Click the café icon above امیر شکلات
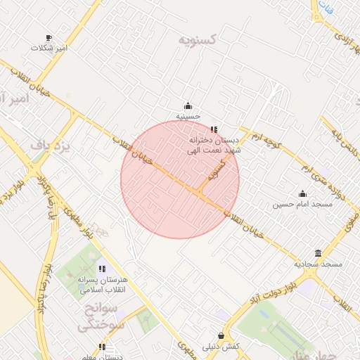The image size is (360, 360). coord(49,38)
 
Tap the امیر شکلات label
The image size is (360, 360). coord(49,48)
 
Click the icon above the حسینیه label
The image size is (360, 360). coord(188,105)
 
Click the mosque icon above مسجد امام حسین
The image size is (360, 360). coord(303,194)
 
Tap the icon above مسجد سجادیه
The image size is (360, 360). coord(319,254)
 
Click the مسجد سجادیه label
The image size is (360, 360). coord(318,264)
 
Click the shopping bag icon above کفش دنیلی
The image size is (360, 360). coord(222,336)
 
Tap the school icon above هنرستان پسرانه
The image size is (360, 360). coord(102,269)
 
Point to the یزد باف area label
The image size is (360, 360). coord(51,146)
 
